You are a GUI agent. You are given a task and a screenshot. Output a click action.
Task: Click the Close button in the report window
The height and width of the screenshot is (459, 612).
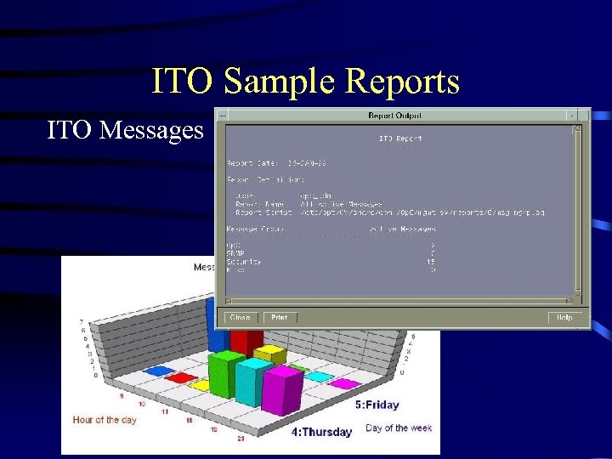[239, 318]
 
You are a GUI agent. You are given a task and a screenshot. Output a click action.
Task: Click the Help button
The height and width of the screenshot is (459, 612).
[564, 318]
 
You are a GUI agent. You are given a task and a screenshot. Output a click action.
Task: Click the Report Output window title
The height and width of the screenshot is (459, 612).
[394, 116]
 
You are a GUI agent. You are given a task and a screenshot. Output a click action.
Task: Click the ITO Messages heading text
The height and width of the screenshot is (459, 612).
[125, 130]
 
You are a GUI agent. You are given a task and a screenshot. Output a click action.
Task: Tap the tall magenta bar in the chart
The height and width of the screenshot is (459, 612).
[283, 389]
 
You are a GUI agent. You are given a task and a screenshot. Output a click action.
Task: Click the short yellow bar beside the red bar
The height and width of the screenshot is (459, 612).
[270, 352]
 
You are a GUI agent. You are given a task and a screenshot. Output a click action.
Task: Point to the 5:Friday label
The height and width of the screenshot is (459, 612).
[377, 405]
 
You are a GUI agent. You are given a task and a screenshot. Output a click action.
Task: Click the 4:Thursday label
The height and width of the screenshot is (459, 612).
[321, 432]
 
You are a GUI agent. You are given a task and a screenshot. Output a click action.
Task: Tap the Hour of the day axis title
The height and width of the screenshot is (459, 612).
[105, 420]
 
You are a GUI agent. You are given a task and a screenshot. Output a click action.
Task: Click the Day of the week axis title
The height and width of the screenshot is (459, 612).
[399, 428]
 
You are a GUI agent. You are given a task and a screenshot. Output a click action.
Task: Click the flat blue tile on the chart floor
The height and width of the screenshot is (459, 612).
[156, 371]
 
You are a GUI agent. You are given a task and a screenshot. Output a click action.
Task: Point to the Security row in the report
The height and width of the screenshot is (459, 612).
[245, 262]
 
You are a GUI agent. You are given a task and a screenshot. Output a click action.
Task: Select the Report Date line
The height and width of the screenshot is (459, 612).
[276, 161]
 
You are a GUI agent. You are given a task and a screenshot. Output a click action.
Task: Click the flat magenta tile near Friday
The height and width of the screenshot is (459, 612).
[344, 384]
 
